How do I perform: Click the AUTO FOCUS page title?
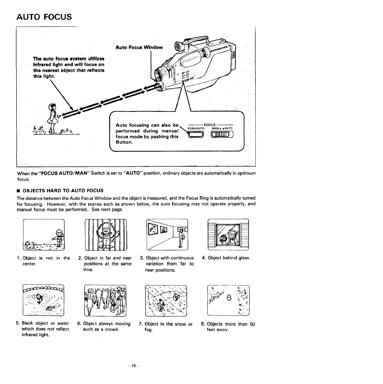[x=44, y=16]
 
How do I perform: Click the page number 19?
[x=134, y=366]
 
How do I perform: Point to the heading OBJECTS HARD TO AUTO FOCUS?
[x=63, y=190]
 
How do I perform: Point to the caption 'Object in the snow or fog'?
[x=166, y=327]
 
